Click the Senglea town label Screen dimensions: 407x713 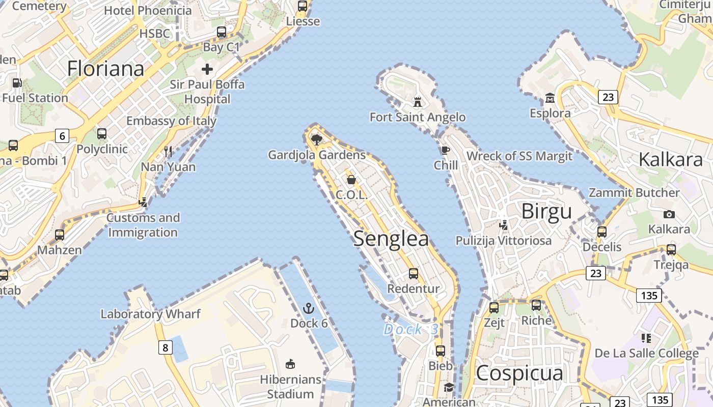tap(391, 239)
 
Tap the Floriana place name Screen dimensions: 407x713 tap(105, 69)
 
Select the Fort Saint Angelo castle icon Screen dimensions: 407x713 tap(418, 102)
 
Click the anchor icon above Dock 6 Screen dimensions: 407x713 tap(308, 308)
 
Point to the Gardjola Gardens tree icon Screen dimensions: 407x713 tap(316, 139)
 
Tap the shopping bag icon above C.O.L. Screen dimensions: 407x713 tap(351, 179)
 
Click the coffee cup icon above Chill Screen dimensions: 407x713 tap(446, 150)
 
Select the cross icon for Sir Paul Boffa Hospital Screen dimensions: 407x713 tap(207, 69)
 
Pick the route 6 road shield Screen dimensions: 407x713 tap(62, 136)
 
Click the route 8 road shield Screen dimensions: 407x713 tap(164, 347)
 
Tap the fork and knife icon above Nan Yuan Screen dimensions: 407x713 tap(168, 151)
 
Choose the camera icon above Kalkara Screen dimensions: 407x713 tap(669, 214)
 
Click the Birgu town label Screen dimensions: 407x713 tap(546, 211)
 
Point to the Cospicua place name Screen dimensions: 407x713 tap(519, 373)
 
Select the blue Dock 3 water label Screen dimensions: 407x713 tap(410, 330)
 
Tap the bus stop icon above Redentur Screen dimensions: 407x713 tap(414, 274)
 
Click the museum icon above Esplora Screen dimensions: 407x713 tap(550, 98)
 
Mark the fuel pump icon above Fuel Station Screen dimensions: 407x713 tap(17, 82)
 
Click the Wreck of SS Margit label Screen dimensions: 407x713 tap(519, 156)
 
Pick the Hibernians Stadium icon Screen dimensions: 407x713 tap(290, 364)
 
